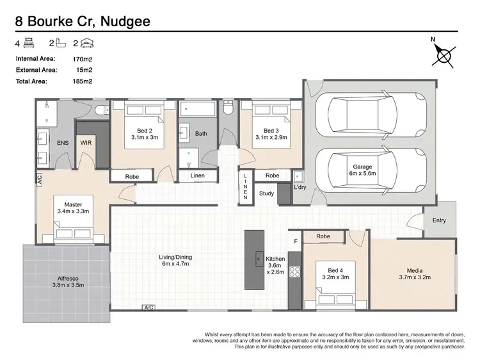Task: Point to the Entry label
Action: (x=439, y=220)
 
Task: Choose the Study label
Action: (x=266, y=193)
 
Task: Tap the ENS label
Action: (x=63, y=143)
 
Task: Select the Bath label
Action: (x=201, y=134)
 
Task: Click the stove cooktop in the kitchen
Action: (x=295, y=271)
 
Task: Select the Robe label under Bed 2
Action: (x=132, y=176)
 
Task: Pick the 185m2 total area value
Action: (x=84, y=82)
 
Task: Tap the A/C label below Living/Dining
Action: (x=148, y=308)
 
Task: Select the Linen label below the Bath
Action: (x=198, y=176)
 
